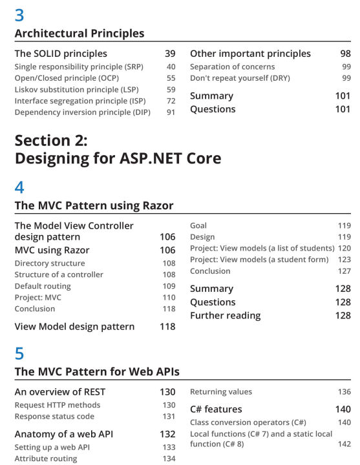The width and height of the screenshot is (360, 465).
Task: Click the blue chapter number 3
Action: coord(19,15)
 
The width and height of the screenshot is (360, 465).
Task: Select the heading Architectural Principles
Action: coord(79,33)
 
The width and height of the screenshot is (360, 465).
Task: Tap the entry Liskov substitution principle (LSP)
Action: coord(76,90)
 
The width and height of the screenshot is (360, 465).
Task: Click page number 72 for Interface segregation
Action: coord(171,101)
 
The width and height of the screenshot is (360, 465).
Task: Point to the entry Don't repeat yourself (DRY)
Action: coord(240,78)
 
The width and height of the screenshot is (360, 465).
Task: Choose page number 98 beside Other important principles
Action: coord(345,54)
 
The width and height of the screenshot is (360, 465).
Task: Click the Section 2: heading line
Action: coord(51,140)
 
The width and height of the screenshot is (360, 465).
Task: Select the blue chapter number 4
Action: coord(19,187)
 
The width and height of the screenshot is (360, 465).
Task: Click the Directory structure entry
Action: coord(50,263)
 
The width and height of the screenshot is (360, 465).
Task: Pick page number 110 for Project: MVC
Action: coord(169,298)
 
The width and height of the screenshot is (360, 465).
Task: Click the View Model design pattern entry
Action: coord(74,327)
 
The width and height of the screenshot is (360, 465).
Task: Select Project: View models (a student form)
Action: coord(259,260)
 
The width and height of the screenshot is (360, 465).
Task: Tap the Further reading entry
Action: coord(226,316)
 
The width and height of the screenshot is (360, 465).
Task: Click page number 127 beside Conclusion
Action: coord(344,271)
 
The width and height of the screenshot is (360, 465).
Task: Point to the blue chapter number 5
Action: coord(19,353)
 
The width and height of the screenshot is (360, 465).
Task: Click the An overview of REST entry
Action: coord(60,392)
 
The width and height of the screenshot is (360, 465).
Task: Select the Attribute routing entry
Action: coord(46,459)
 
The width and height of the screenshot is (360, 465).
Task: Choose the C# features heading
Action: coord(216,409)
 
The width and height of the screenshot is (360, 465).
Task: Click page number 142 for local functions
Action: coord(344,444)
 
